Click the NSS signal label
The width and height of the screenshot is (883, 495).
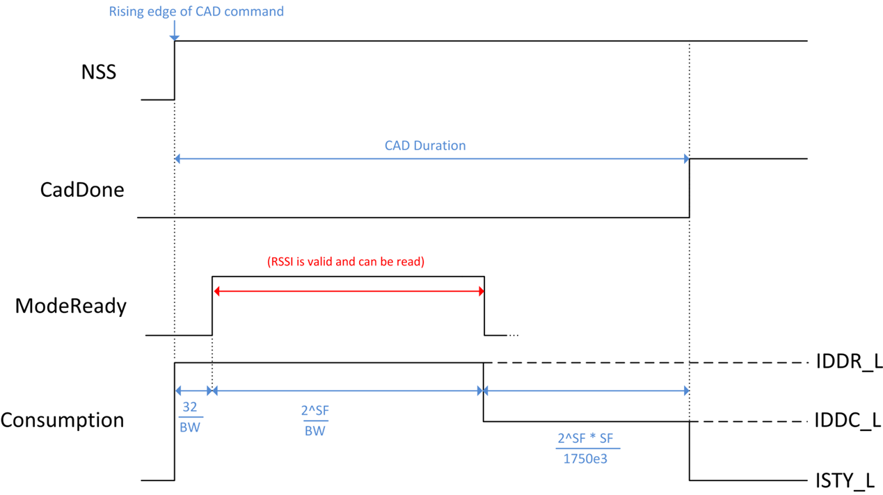pyautogui.click(x=98, y=72)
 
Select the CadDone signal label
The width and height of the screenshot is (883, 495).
pyautogui.click(x=82, y=189)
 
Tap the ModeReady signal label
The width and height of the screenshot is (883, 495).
pyautogui.click(x=71, y=306)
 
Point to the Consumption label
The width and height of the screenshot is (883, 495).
pyautogui.click(x=62, y=420)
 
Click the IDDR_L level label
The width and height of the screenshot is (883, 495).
pyautogui.click(x=848, y=362)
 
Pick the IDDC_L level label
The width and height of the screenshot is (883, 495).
pyautogui.click(x=848, y=421)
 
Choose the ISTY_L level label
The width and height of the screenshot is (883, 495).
pyautogui.click(x=845, y=480)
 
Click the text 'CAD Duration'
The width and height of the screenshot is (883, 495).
pyautogui.click(x=425, y=145)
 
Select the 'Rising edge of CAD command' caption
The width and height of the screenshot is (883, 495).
pyautogui.click(x=196, y=12)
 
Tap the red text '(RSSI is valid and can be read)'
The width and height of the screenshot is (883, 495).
pyautogui.click(x=346, y=262)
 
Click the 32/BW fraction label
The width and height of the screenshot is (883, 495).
pyautogui.click(x=190, y=417)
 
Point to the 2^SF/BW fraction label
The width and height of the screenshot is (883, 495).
pyautogui.click(x=315, y=421)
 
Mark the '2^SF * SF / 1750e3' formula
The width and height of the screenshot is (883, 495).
pyautogui.click(x=588, y=448)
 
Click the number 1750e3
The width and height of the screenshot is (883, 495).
pyautogui.click(x=588, y=459)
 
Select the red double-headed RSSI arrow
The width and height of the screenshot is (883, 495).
pyautogui.click(x=348, y=291)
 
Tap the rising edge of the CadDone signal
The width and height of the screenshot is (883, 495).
pyautogui.click(x=689, y=188)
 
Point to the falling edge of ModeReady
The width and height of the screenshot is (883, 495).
pyautogui.click(x=484, y=306)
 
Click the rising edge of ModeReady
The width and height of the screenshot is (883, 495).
pyautogui.click(x=212, y=306)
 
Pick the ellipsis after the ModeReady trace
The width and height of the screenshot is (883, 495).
pyautogui.click(x=514, y=335)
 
